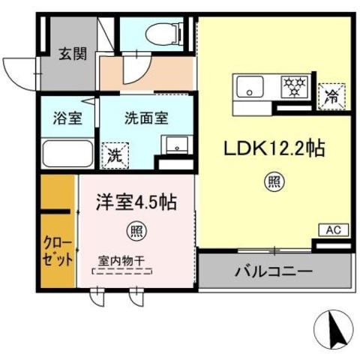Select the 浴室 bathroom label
click(62, 117)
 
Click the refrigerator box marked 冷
click(331, 94)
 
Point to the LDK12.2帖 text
click(271, 150)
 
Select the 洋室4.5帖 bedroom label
click(135, 202)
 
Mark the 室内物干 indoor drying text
click(125, 260)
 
